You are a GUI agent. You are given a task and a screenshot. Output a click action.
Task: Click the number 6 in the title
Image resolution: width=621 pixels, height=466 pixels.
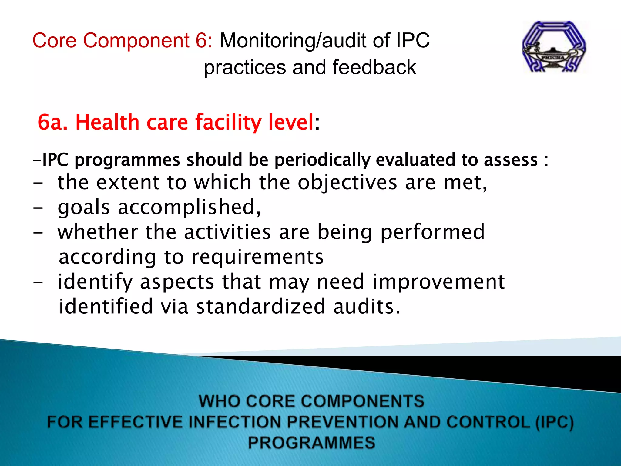(201, 40)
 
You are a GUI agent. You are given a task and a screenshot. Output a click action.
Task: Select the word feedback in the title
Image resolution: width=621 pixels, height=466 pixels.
(374, 67)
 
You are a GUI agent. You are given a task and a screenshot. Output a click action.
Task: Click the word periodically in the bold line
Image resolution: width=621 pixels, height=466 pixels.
(322, 160)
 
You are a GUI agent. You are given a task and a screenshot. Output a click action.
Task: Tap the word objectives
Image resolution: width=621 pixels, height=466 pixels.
(347, 183)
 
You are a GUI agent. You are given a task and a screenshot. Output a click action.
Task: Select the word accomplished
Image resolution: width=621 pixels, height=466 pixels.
(189, 208)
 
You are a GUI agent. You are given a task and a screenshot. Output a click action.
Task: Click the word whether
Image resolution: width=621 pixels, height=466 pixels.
(97, 232)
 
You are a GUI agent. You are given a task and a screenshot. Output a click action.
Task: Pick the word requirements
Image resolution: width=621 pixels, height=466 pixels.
(257, 257)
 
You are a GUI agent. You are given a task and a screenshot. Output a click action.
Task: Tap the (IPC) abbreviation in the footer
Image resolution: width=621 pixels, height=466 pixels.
(554, 422)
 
